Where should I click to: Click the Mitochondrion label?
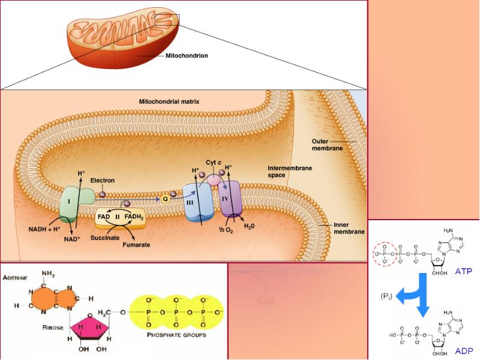click(x=187, y=56)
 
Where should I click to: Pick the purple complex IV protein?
click(x=229, y=199)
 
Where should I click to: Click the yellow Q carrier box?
click(x=165, y=199)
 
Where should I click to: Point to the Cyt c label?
click(x=214, y=163)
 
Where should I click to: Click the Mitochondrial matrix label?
click(x=169, y=102)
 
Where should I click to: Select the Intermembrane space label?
click(x=290, y=172)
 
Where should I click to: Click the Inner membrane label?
click(x=349, y=229)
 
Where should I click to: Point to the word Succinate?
click(x=104, y=238)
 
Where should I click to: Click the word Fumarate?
click(x=136, y=245)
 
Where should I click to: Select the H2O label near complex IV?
click(x=250, y=226)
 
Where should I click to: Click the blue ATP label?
click(x=463, y=271)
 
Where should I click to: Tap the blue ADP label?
click(x=463, y=350)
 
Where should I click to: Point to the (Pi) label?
click(x=387, y=296)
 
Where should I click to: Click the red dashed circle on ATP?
click(x=385, y=254)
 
